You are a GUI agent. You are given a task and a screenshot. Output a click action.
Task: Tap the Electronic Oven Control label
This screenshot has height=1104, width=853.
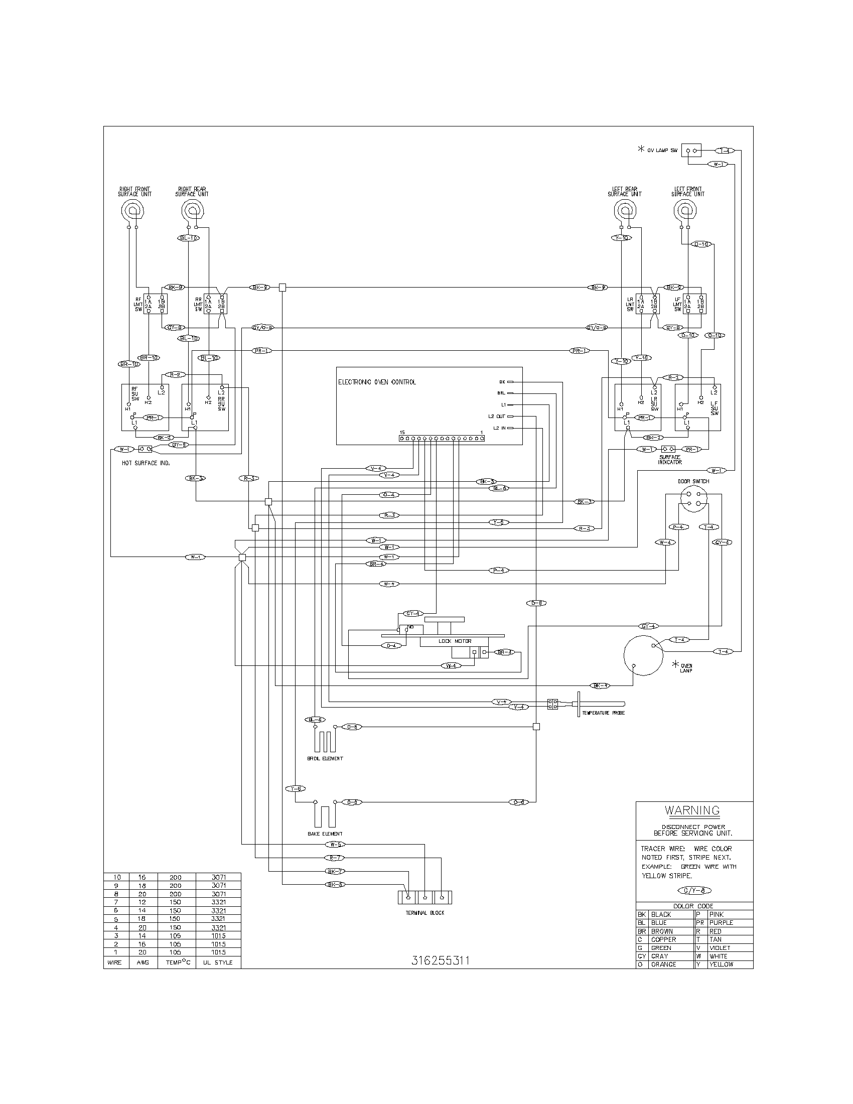(377, 382)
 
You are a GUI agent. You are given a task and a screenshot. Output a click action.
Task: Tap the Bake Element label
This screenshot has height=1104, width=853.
(325, 834)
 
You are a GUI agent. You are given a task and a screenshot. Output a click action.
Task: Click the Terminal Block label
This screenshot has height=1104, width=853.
(424, 913)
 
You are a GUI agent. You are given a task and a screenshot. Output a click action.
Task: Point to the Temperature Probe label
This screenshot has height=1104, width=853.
(603, 713)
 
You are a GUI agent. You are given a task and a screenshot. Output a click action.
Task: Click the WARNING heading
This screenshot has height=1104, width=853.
(692, 810)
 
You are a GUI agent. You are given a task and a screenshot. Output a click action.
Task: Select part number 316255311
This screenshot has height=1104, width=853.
(441, 960)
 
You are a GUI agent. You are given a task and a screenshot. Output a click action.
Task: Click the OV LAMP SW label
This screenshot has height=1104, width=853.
(662, 151)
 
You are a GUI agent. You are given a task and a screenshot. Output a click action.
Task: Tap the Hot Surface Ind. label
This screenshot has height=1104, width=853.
(146, 463)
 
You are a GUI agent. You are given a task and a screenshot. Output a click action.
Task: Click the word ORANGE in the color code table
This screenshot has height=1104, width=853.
(663, 964)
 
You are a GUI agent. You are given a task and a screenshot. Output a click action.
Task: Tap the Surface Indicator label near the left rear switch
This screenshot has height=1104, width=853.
(670, 460)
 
